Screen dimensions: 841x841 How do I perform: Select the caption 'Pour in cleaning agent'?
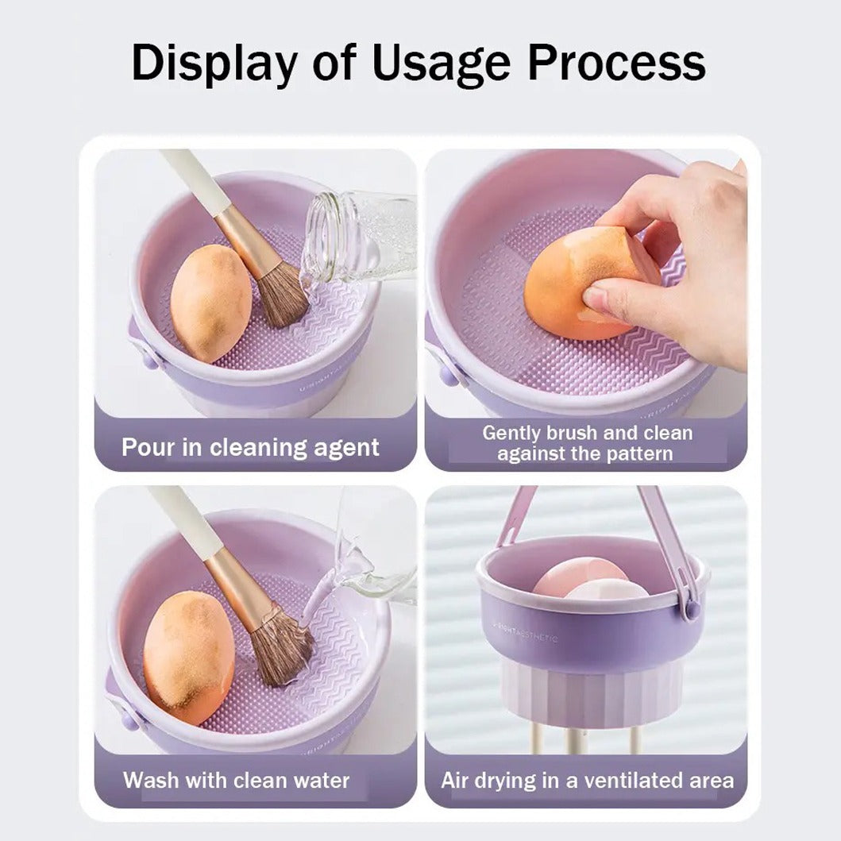tap(250, 447)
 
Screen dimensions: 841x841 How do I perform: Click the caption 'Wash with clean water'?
tap(236, 780)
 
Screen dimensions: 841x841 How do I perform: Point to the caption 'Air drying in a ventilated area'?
tap(588, 780)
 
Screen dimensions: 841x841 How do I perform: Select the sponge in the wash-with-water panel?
tap(188, 655)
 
